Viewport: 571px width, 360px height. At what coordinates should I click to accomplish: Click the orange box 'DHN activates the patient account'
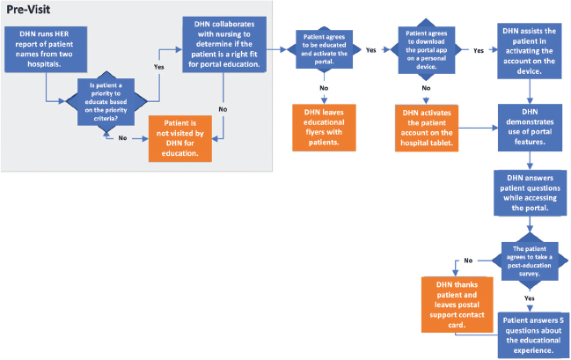tap(427, 129)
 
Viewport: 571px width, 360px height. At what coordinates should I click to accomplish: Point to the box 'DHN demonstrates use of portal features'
tap(529, 129)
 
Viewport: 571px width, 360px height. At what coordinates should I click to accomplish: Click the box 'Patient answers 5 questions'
tap(529, 332)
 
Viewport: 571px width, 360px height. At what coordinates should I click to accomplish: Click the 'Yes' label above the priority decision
tap(159, 66)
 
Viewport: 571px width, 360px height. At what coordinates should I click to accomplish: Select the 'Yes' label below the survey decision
tap(530, 298)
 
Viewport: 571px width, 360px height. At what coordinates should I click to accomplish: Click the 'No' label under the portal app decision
tap(426, 88)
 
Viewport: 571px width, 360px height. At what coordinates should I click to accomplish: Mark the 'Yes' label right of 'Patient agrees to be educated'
tap(370, 50)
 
